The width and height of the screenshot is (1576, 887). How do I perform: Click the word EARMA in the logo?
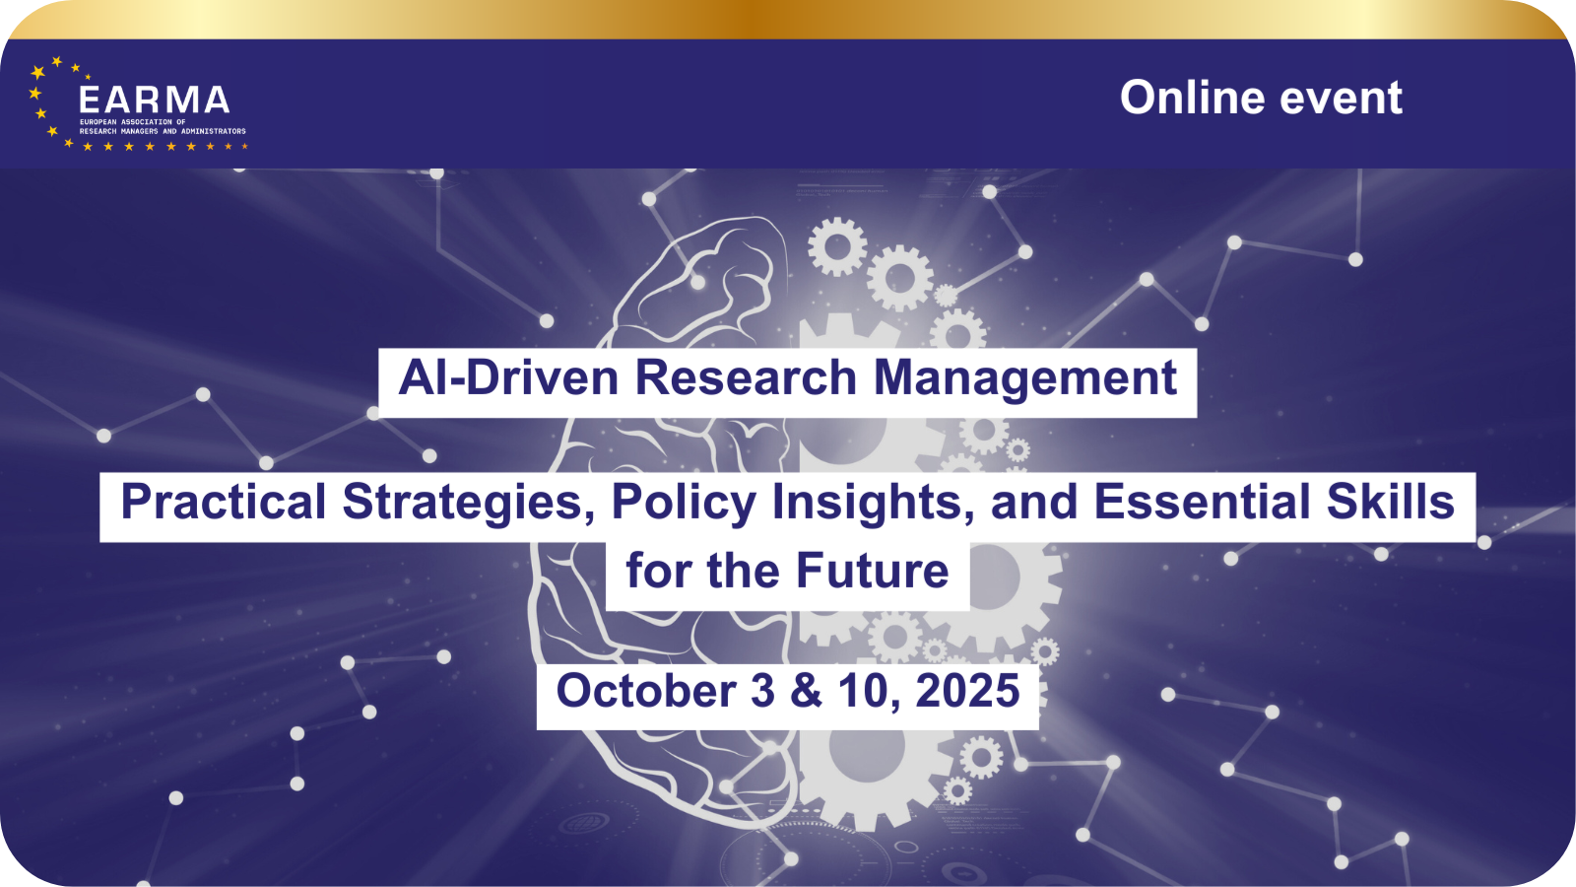pos(154,100)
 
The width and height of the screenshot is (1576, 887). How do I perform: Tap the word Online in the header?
pos(1193,98)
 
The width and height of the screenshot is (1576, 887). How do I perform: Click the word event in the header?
pos(1341,99)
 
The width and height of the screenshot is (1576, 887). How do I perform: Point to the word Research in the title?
pos(746,377)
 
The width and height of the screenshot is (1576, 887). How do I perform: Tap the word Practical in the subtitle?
pos(224,502)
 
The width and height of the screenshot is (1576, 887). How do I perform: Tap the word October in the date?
pos(646,690)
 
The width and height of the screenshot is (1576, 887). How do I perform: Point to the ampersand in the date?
pos(807,690)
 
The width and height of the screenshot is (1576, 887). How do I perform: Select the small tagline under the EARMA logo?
pos(163,127)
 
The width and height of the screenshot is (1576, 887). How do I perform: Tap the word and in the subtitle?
pos(1034,502)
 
